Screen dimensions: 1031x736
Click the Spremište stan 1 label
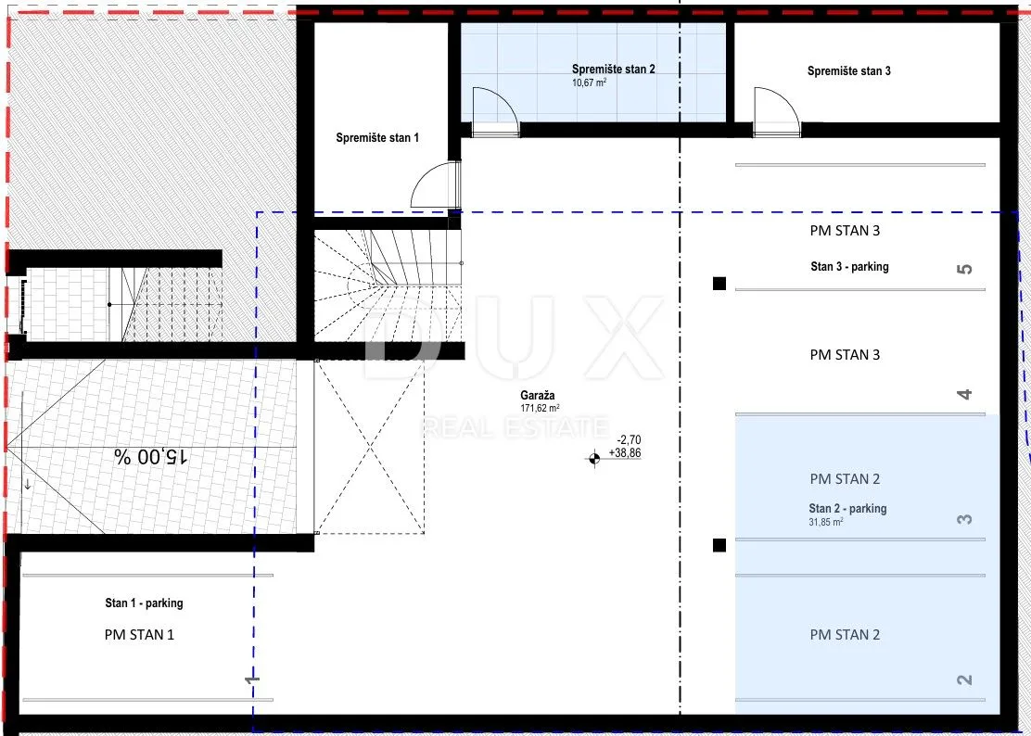(x=376, y=138)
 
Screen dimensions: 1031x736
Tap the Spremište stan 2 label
(x=613, y=69)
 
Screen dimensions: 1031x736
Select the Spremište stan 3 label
(x=849, y=71)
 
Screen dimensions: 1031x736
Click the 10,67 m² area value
(x=589, y=82)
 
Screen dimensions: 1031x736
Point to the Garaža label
(x=537, y=395)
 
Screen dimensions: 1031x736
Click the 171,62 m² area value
(x=540, y=408)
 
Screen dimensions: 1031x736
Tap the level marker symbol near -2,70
(x=593, y=459)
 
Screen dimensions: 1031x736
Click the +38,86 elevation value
(x=625, y=453)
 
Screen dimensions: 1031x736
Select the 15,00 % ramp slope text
(x=151, y=457)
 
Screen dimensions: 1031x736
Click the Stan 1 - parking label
(x=144, y=603)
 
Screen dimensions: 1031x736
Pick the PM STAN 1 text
(x=139, y=635)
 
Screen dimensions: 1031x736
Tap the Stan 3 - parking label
(x=849, y=267)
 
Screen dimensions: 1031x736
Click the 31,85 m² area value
(x=826, y=523)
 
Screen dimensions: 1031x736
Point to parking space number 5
(x=964, y=269)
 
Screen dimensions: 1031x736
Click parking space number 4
(x=964, y=394)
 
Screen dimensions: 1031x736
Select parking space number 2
(x=964, y=679)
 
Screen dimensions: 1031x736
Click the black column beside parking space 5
(x=719, y=284)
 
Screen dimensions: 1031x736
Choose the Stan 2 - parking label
(x=847, y=509)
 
